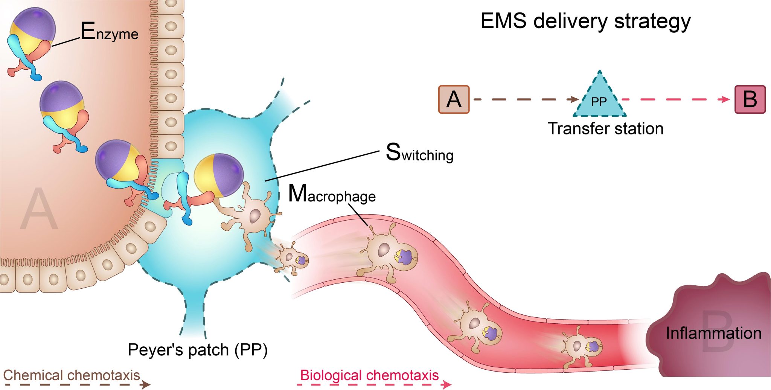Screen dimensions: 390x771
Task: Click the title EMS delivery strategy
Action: pos(585,21)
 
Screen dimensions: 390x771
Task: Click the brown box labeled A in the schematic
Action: pos(454,99)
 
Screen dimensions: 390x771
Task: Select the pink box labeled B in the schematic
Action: pos(750,99)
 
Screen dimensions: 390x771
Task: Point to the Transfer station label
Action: pos(605,129)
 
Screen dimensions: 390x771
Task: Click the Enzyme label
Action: pos(109,32)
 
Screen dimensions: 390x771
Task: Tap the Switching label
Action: pos(419,153)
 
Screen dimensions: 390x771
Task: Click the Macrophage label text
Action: pos(332,195)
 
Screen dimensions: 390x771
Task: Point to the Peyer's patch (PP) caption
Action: pos(198,350)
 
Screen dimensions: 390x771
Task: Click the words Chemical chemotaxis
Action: pos(72,375)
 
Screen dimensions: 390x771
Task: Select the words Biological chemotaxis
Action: pos(369,375)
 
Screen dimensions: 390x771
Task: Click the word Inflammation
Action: pos(713,333)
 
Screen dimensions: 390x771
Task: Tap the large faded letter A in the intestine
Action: pos(40,209)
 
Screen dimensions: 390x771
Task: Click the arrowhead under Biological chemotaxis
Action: pos(447,384)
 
